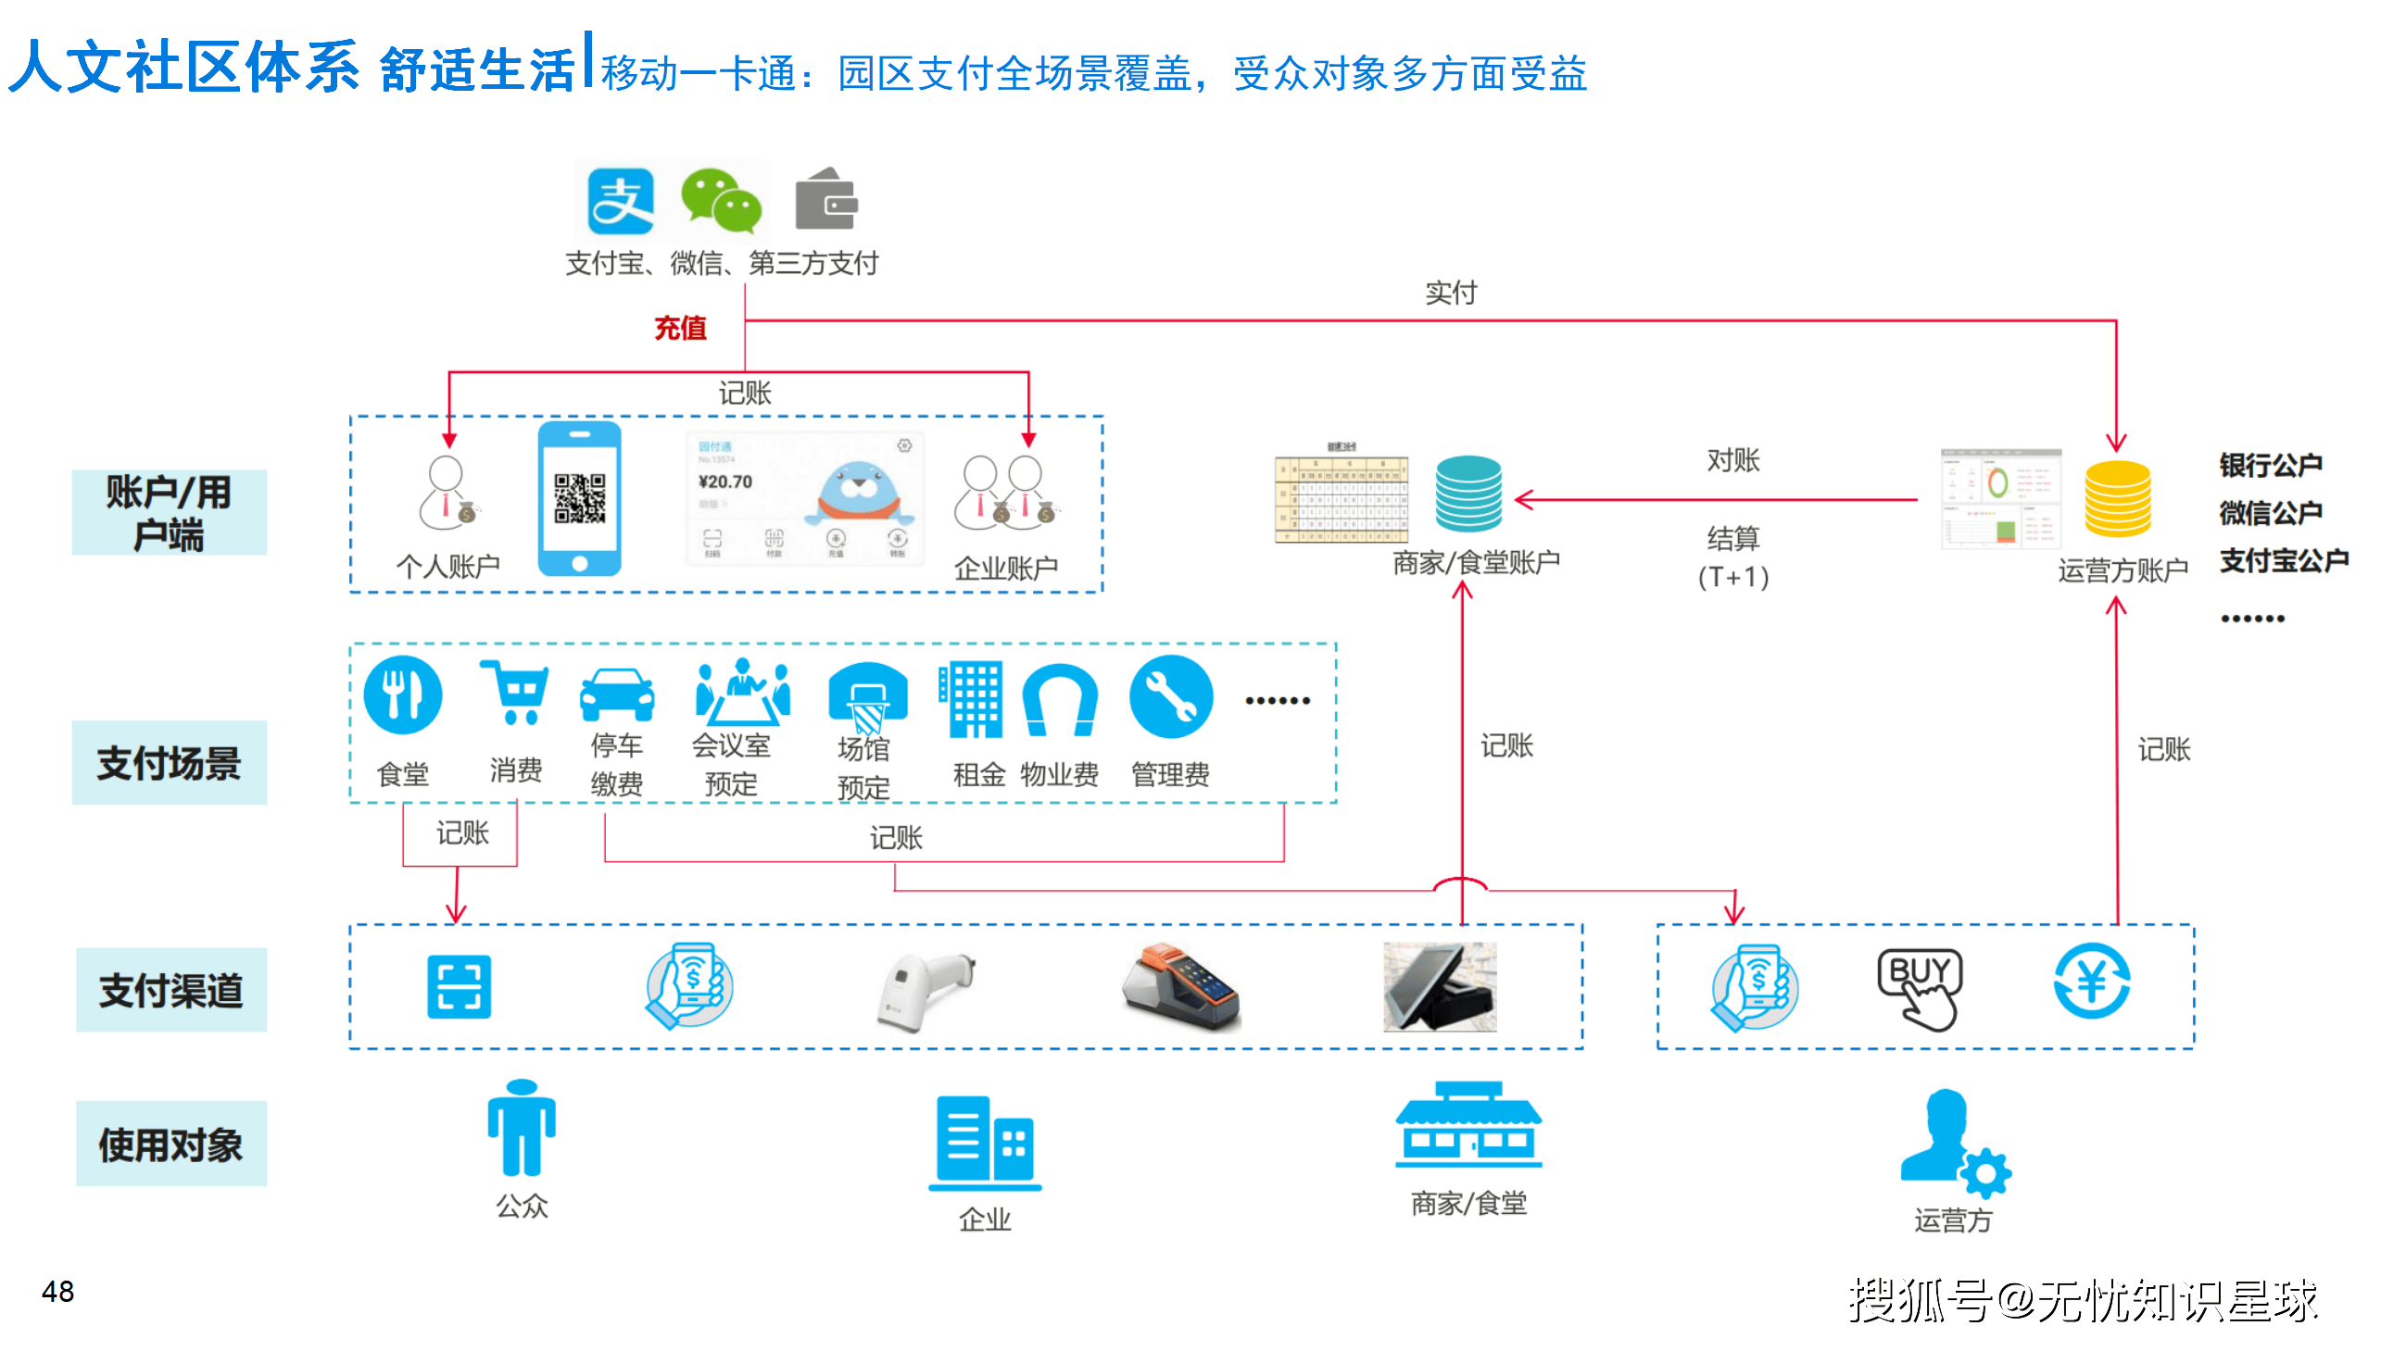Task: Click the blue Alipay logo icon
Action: pyautogui.click(x=619, y=201)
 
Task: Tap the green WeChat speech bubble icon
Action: pyautogui.click(x=721, y=201)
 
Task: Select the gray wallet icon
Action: pyautogui.click(x=825, y=199)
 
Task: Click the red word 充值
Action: pyautogui.click(x=679, y=328)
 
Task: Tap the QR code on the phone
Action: pyautogui.click(x=579, y=498)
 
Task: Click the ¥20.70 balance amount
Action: pyautogui.click(x=725, y=482)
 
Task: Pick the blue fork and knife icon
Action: pyautogui.click(x=402, y=695)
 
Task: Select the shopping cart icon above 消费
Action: pyautogui.click(x=515, y=692)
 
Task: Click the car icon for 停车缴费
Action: pyautogui.click(x=616, y=695)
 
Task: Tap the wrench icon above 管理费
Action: pyautogui.click(x=1170, y=697)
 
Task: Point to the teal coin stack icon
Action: pyautogui.click(x=1468, y=493)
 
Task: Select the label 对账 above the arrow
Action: pyautogui.click(x=1733, y=460)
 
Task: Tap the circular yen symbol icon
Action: pyautogui.click(x=2091, y=982)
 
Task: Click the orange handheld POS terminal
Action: pyautogui.click(x=1180, y=989)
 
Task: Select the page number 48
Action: pyautogui.click(x=57, y=1292)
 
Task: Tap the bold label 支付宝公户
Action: pyautogui.click(x=2283, y=561)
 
